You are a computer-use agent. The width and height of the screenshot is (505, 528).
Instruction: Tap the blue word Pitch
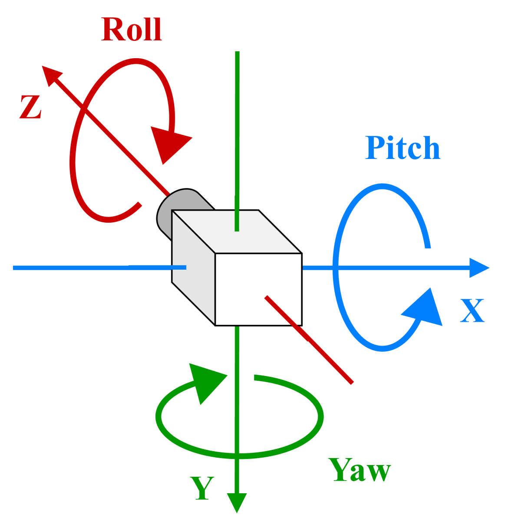[403, 148]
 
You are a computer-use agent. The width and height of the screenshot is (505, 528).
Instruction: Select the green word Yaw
[360, 470]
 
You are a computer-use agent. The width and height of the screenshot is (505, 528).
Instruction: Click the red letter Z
[30, 107]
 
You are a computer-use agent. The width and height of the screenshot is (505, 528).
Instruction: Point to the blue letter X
[472, 311]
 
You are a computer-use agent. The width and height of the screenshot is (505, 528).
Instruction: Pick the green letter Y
[202, 488]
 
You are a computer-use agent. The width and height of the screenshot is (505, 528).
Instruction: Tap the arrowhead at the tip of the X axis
[479, 268]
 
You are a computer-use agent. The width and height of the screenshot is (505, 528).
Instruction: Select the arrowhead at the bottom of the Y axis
[237, 502]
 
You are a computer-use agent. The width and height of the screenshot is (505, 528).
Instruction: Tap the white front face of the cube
[258, 289]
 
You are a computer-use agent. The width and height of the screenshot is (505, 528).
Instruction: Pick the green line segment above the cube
[237, 130]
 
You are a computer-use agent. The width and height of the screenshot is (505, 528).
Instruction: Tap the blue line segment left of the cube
[87, 268]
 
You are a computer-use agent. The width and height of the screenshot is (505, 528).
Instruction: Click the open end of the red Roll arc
[139, 205]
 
